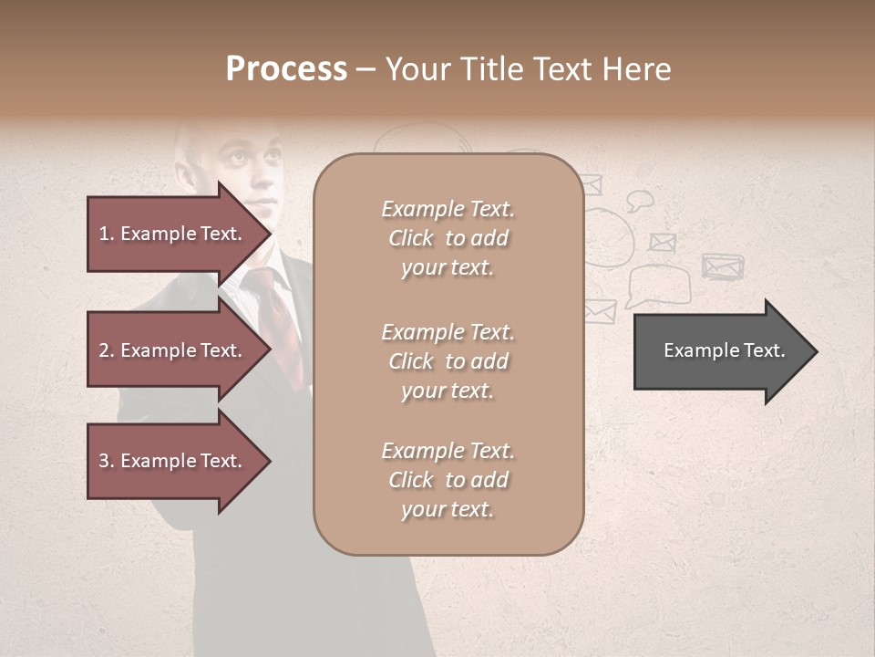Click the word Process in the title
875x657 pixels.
point(286,69)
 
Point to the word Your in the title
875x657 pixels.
point(416,69)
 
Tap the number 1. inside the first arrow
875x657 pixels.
point(107,234)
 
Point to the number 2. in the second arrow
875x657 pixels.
point(107,350)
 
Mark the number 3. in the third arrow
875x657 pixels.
point(107,461)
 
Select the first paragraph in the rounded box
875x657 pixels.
point(448,238)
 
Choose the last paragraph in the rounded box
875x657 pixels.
point(448,480)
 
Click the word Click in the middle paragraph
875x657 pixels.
point(410,361)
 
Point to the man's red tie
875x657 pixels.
point(278,319)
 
